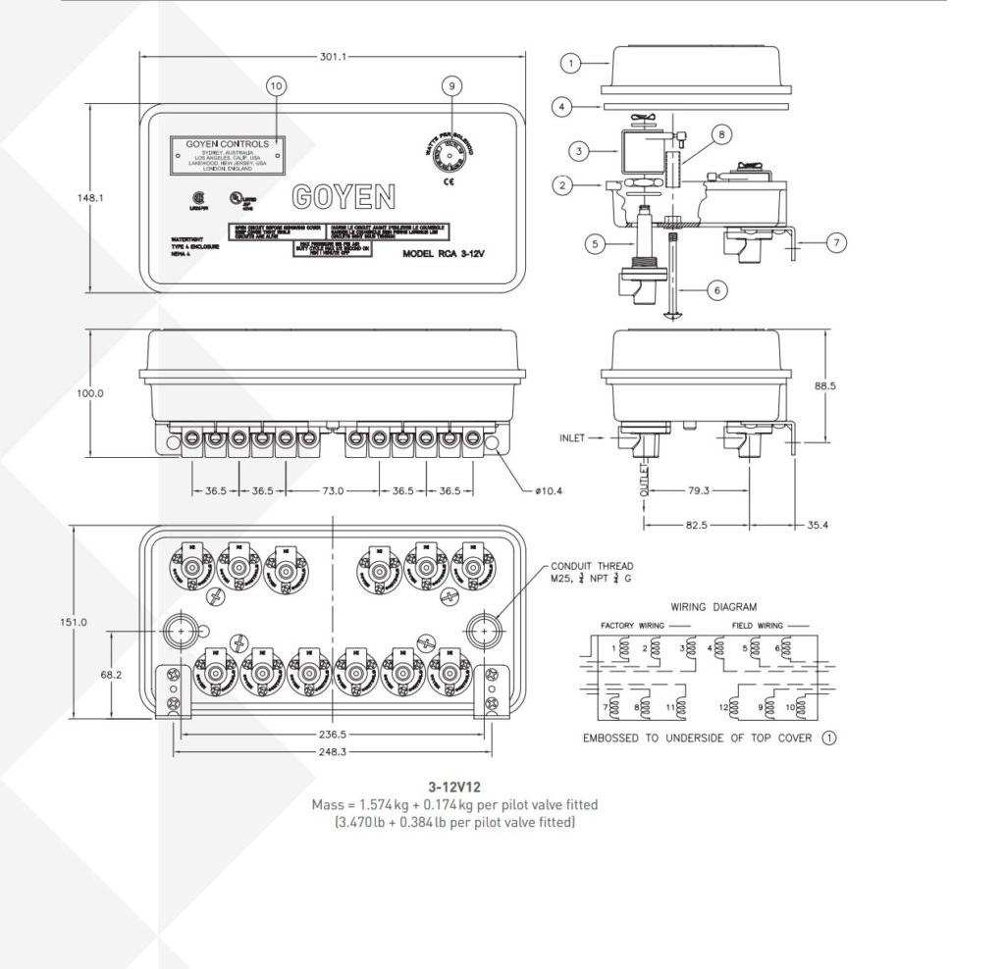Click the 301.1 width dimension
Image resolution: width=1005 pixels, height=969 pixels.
(x=333, y=56)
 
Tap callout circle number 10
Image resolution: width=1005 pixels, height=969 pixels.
(x=276, y=86)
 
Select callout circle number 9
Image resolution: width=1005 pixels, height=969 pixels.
(x=450, y=86)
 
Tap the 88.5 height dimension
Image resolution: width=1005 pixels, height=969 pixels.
(x=825, y=386)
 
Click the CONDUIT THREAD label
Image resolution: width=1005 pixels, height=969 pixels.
(x=592, y=566)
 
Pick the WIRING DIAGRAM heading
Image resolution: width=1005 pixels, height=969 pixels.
(x=714, y=607)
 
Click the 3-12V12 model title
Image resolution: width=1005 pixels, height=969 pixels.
(x=452, y=787)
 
